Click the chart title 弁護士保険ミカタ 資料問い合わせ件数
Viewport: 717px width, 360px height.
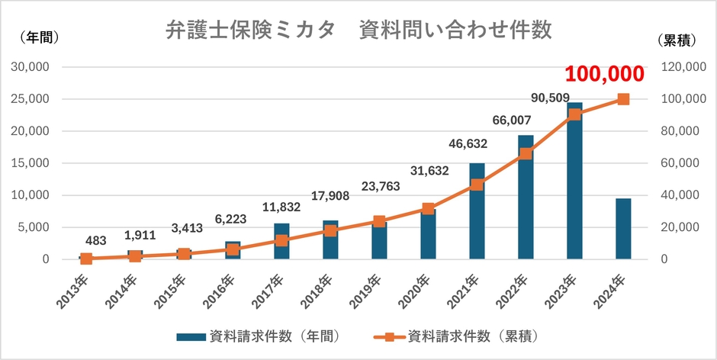pos(358,33)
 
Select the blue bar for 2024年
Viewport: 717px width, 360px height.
pos(623,229)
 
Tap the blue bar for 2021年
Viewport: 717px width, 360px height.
pos(477,217)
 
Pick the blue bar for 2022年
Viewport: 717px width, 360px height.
pos(526,206)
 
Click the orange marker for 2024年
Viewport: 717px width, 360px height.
pos(623,99)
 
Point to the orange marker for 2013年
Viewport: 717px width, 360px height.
pos(86,259)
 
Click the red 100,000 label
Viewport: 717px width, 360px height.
pos(605,74)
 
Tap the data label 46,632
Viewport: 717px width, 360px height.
pos(467,143)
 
